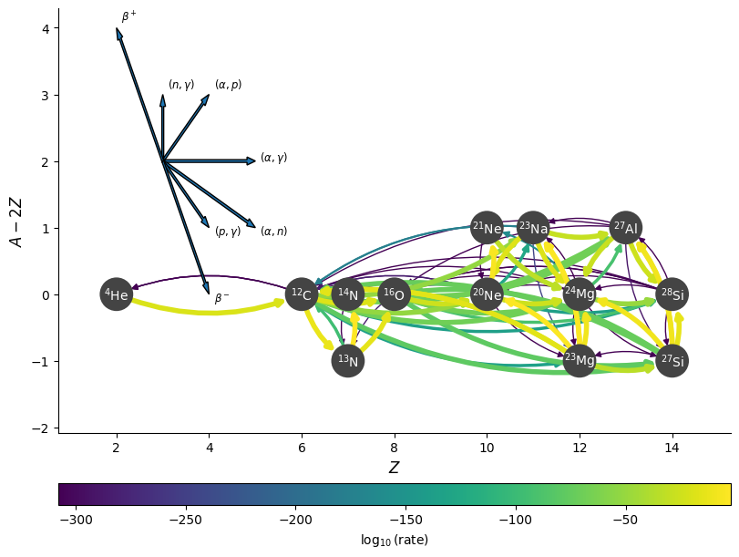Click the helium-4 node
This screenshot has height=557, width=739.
tap(116, 294)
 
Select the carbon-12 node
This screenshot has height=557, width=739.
tap(302, 294)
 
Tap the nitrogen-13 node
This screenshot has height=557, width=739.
tap(348, 361)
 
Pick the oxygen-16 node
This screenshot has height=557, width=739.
tap(394, 294)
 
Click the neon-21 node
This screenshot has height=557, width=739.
tap(487, 228)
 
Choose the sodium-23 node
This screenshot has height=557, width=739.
tap(533, 228)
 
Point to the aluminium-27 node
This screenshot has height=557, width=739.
tap(626, 228)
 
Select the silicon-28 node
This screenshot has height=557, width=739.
tap(672, 294)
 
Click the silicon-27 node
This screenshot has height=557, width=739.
tap(672, 361)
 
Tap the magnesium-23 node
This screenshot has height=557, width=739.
tap(580, 361)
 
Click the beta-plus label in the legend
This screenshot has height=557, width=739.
tap(129, 16)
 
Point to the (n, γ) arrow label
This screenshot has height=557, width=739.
tap(181, 85)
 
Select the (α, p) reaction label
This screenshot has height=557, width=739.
tap(228, 85)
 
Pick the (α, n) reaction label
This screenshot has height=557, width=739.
tap(273, 232)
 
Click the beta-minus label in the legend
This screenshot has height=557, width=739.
tap(222, 298)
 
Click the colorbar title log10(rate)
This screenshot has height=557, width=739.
tap(394, 540)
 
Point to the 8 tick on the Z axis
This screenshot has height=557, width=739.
tap(394, 447)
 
